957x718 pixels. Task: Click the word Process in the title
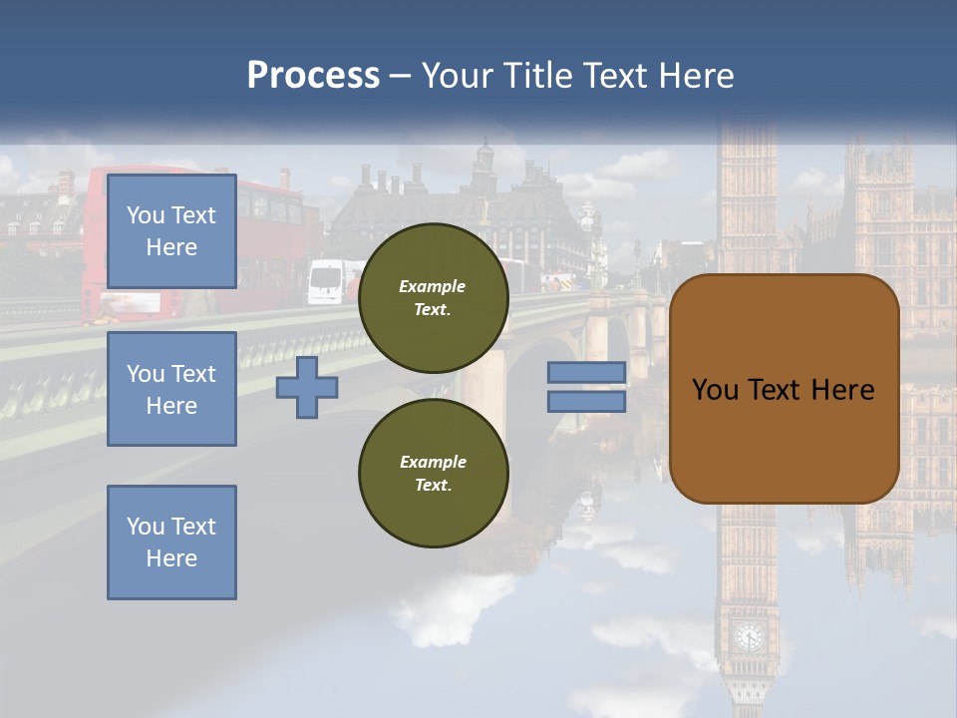(313, 76)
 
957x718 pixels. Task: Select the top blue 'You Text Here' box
(171, 231)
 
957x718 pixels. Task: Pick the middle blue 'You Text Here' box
(171, 389)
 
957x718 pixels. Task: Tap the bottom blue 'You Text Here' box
(171, 541)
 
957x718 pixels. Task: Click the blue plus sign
(307, 388)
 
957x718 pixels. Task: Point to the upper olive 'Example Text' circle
(433, 298)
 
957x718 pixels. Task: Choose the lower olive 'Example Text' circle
(433, 473)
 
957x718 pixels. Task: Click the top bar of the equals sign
(587, 372)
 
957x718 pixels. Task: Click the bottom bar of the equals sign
(587, 402)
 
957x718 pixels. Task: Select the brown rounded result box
(784, 389)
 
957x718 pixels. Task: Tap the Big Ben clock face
(749, 635)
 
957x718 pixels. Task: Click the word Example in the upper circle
(433, 286)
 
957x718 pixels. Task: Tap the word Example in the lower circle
(433, 462)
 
